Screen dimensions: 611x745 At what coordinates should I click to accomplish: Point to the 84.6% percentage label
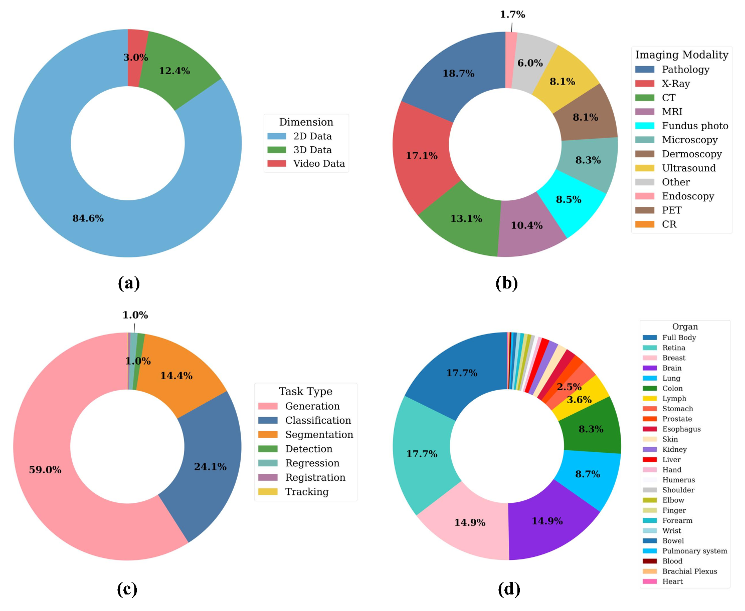(88, 218)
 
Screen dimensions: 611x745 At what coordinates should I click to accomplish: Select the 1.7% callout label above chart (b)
(512, 15)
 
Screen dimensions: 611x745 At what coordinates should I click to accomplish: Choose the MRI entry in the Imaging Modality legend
(672, 112)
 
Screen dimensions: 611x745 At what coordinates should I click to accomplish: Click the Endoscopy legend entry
(687, 196)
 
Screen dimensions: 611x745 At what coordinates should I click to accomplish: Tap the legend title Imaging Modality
(681, 55)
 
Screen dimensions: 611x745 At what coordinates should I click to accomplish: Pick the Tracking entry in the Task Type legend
(306, 492)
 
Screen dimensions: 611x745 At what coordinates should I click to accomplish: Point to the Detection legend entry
(308, 449)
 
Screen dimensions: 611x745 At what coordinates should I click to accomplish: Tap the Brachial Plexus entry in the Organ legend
(689, 571)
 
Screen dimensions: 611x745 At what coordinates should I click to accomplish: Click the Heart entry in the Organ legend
(672, 581)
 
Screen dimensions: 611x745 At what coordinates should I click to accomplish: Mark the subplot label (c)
(127, 589)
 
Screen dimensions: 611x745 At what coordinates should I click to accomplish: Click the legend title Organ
(685, 327)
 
